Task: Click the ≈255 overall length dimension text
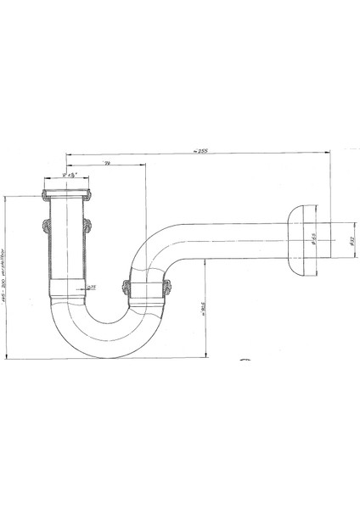click(200, 151)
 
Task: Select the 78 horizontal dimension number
click(106, 162)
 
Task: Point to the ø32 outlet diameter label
click(350, 240)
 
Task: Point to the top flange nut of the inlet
click(67, 196)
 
